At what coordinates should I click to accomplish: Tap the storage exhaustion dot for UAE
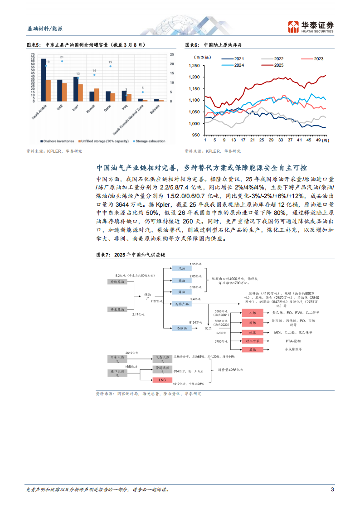click(x=62, y=61)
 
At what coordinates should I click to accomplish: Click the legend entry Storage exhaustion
click(x=151, y=141)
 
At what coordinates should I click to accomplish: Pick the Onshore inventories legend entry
click(x=58, y=141)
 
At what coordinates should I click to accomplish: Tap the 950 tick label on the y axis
click(x=195, y=135)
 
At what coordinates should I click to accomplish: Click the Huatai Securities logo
click(x=311, y=27)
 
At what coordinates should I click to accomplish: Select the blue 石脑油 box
click(x=181, y=327)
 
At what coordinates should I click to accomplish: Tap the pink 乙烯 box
click(x=253, y=313)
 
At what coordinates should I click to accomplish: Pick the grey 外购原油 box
click(x=117, y=282)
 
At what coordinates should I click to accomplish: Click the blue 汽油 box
click(x=181, y=269)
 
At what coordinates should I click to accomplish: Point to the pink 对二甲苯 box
click(x=253, y=341)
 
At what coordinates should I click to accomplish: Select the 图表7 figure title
click(x=129, y=255)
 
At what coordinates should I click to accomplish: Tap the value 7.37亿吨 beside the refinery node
click(x=157, y=301)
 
